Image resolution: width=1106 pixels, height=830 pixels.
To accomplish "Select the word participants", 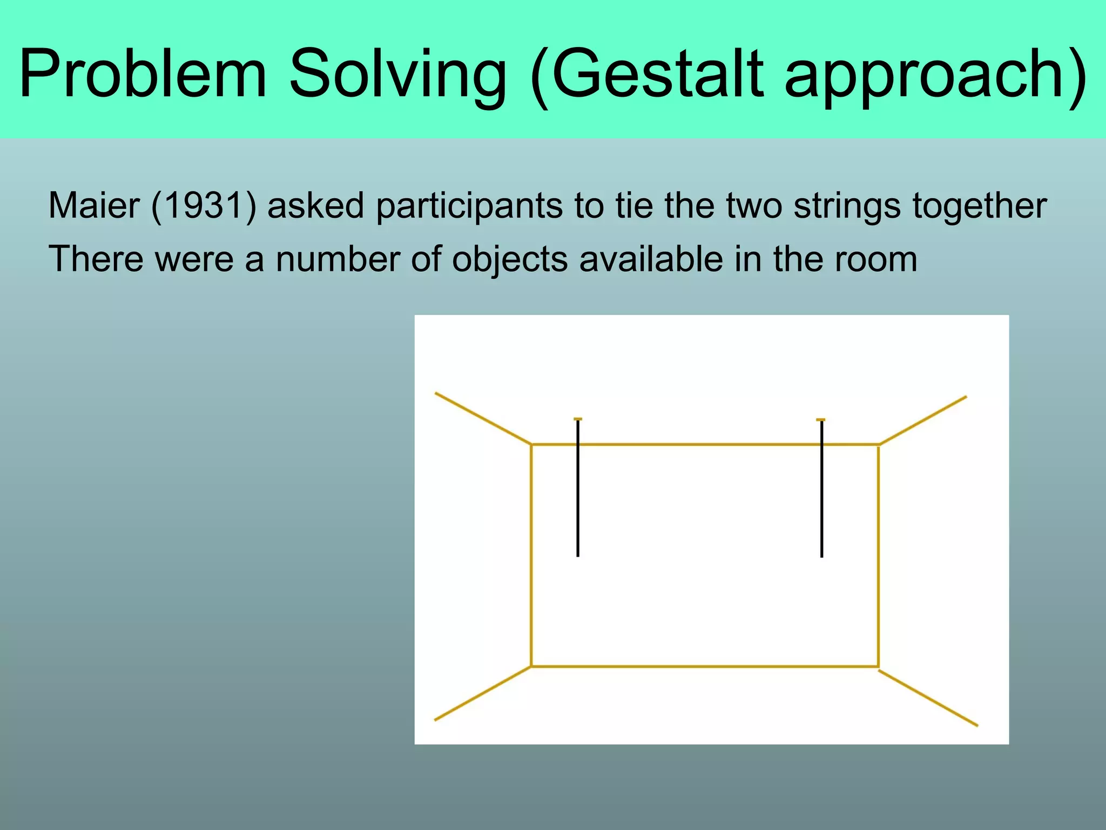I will coord(469,206).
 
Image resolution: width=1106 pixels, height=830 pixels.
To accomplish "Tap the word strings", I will coord(847,206).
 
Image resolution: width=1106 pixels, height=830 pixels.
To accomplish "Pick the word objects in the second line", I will coord(510,259).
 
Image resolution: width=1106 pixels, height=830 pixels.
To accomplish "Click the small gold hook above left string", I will coord(578,419).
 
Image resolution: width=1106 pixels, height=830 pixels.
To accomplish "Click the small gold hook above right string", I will coord(820,419).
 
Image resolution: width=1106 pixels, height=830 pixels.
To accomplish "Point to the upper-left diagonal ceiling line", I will coord(483,419).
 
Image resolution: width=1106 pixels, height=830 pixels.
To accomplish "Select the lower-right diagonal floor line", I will coord(928,698).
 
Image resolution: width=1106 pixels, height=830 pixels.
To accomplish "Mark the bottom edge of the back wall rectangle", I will coord(705,667).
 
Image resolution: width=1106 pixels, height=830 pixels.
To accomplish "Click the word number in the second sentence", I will coord(338,259).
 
